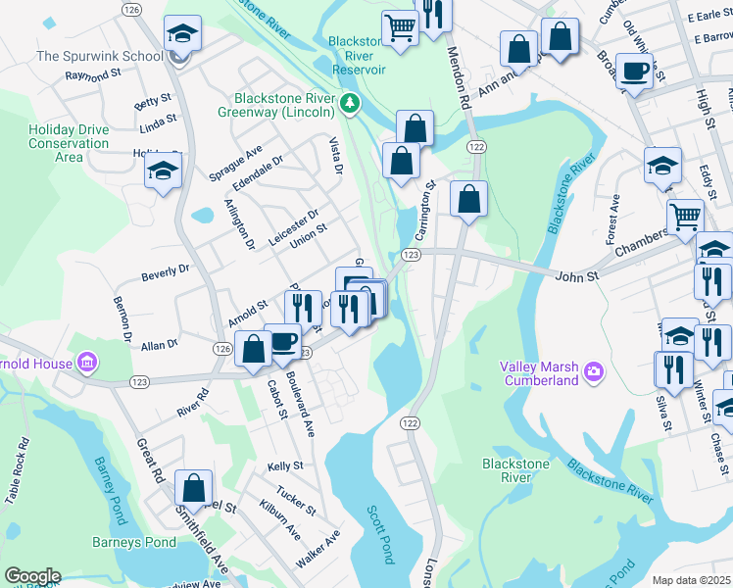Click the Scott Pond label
[379, 534]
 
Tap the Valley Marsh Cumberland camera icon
[593, 371]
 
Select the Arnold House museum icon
[87, 364]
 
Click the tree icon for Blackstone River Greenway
[348, 101]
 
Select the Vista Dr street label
[336, 157]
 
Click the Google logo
[31, 576]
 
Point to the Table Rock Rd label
[19, 471]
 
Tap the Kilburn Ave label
[280, 525]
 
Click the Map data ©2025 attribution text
[692, 580]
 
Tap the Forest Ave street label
[613, 218]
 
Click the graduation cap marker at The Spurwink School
[182, 35]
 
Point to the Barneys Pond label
[134, 542]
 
